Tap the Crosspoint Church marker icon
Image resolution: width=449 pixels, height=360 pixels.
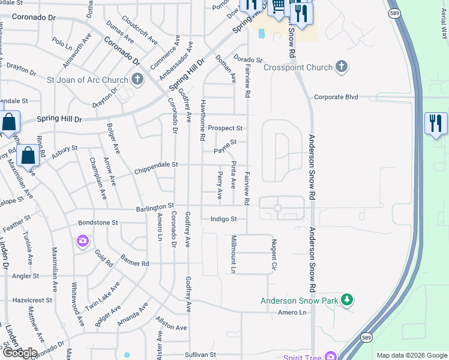(341, 67)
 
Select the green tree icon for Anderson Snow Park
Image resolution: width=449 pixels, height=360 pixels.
(346, 299)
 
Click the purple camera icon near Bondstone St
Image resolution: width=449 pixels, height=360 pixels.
(82, 241)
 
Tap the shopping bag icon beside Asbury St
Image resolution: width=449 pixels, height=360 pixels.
(28, 156)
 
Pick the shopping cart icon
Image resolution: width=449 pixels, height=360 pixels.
(278, 7)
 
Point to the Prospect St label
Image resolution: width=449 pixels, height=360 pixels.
(225, 128)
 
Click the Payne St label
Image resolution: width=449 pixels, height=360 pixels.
(226, 142)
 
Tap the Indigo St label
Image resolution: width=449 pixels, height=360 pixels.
(224, 220)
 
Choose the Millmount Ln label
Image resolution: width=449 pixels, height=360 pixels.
(234, 254)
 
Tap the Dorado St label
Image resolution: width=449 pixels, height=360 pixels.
(248, 59)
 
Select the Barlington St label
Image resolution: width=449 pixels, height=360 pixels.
(154, 206)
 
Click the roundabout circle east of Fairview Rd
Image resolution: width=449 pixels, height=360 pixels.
(277, 208)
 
